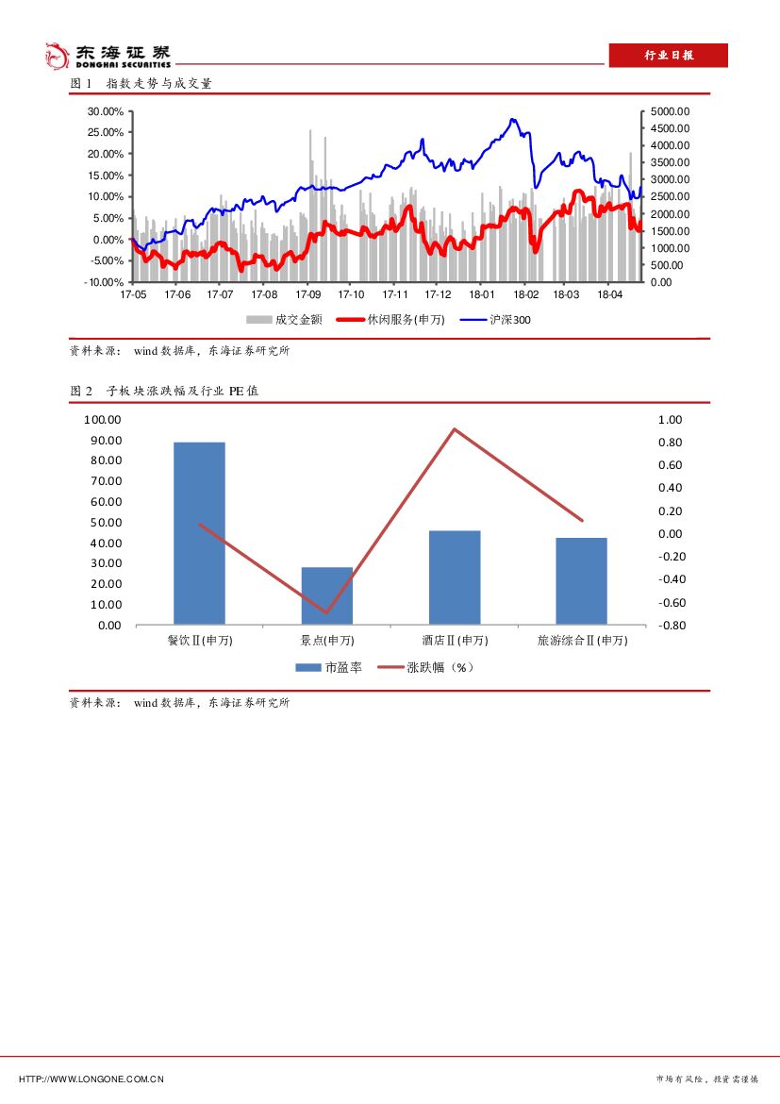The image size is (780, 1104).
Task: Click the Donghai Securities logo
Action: tap(108, 56)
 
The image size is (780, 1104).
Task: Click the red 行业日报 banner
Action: tap(668, 56)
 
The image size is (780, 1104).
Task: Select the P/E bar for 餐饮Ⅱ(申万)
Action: tap(199, 533)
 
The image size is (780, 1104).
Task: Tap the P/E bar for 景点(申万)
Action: tap(326, 595)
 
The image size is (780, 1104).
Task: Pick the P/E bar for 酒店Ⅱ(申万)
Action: tap(455, 577)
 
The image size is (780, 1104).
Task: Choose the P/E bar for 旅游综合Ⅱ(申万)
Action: tap(581, 581)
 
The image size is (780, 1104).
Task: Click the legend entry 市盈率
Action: tap(328, 667)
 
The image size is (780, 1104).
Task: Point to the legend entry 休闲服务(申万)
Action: tap(390, 320)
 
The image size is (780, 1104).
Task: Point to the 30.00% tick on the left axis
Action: tap(105, 111)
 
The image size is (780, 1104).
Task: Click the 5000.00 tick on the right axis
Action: tap(671, 111)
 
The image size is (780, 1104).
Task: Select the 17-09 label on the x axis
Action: tap(307, 295)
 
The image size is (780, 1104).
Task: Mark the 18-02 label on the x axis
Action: tap(524, 295)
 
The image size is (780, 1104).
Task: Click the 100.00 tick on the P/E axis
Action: tap(102, 420)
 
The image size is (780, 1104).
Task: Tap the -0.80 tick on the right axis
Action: tap(670, 626)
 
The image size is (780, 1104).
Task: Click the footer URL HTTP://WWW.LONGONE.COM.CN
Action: tap(91, 1079)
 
